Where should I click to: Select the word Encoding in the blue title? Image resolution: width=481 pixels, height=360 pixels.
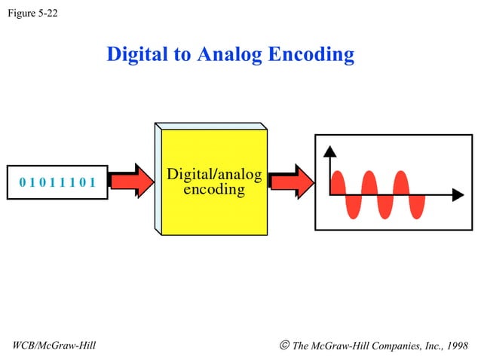(316, 54)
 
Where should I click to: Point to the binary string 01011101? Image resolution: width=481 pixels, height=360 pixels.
(57, 182)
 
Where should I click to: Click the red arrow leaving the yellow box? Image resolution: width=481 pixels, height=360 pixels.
(290, 181)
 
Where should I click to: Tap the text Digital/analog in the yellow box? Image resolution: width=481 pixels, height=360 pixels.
(214, 175)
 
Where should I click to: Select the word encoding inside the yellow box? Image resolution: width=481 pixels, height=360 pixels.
(214, 189)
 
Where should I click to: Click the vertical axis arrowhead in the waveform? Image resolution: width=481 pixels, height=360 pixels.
(329, 151)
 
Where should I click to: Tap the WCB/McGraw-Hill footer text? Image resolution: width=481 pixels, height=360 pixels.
(54, 346)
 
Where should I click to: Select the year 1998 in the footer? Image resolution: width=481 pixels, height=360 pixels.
(455, 346)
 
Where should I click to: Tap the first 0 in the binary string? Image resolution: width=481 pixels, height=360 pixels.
(23, 182)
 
